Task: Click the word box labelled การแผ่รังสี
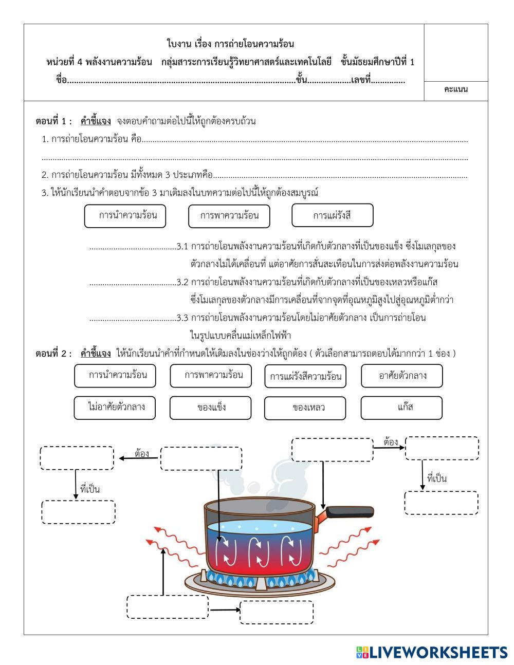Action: click(332, 215)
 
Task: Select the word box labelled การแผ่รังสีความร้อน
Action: click(305, 376)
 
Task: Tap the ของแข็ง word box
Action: click(211, 408)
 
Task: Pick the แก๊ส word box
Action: click(401, 407)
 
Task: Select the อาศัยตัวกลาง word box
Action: click(402, 375)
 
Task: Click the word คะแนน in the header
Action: click(456, 90)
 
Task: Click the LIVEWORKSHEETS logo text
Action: click(438, 652)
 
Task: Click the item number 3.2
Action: click(182, 282)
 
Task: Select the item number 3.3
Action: click(182, 318)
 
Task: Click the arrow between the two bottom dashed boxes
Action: click(224, 610)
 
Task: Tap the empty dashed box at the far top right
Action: click(442, 448)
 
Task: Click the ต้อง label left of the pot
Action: click(141, 453)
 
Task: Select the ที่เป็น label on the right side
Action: click(437, 478)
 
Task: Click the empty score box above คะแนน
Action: click(456, 52)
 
